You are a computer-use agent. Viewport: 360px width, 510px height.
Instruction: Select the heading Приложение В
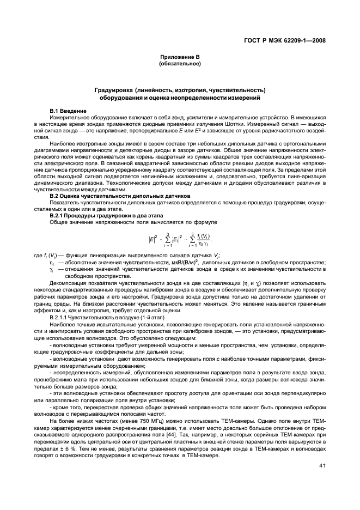pos(180,57)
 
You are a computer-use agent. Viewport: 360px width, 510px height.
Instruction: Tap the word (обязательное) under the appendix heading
pos(180,64)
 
